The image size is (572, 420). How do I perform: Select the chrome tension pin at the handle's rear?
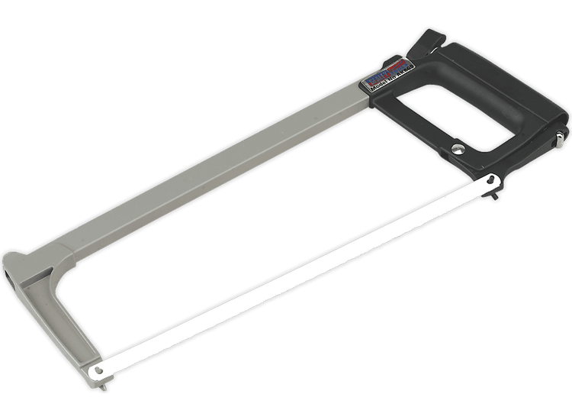[561, 138]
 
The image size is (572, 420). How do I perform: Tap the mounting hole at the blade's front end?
[96, 373]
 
